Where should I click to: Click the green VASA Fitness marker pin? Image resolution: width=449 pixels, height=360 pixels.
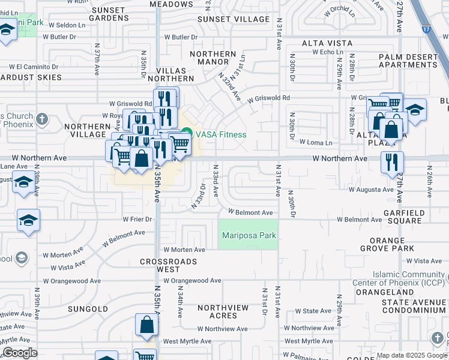[x=187, y=134]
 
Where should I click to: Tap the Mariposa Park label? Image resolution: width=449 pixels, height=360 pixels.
[x=249, y=236]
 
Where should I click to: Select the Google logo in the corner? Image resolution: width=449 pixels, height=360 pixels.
[x=20, y=353]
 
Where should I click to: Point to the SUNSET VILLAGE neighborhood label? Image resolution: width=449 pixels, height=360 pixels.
[x=234, y=19]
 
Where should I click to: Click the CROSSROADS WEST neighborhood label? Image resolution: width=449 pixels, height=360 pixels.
[x=169, y=266]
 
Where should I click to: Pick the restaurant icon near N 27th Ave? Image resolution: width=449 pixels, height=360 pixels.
[x=391, y=161]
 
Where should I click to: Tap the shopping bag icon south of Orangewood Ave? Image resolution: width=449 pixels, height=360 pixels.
[x=146, y=325]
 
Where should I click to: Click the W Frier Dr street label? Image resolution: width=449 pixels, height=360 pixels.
[x=137, y=220]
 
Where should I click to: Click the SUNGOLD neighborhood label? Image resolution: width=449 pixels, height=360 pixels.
[x=88, y=310]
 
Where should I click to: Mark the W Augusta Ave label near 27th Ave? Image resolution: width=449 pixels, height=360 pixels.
[x=371, y=190]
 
